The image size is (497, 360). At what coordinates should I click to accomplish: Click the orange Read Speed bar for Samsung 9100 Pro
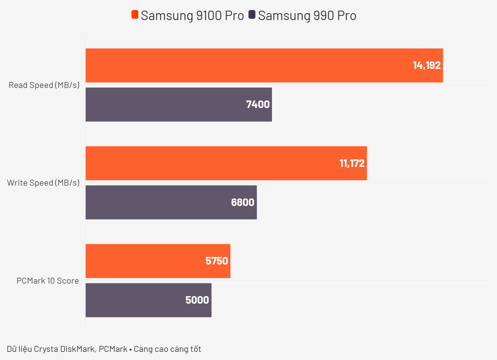click(250, 65)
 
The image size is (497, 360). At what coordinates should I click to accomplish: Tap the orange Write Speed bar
click(213, 163)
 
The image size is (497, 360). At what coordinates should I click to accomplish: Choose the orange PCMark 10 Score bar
click(144, 261)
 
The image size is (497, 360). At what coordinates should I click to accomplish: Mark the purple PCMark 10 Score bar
click(135, 300)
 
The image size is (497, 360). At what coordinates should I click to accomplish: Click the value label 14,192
click(427, 65)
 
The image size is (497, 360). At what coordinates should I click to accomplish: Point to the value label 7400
click(258, 105)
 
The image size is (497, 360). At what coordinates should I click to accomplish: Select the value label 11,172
click(352, 163)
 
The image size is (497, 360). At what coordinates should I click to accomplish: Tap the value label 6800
click(243, 203)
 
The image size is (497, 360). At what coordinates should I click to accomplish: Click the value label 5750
click(217, 261)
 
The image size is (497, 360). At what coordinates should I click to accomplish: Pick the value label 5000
click(197, 300)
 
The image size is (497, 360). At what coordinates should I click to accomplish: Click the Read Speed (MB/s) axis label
click(44, 85)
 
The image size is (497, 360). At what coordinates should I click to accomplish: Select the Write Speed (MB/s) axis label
click(44, 183)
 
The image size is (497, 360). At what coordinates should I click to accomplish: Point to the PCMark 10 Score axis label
click(48, 281)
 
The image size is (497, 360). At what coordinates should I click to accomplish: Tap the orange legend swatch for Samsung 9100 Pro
click(135, 15)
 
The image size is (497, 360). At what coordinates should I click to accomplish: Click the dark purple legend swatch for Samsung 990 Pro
click(252, 15)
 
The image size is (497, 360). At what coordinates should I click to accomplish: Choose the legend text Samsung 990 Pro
click(307, 16)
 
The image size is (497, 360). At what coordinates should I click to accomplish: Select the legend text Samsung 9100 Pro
click(192, 16)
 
